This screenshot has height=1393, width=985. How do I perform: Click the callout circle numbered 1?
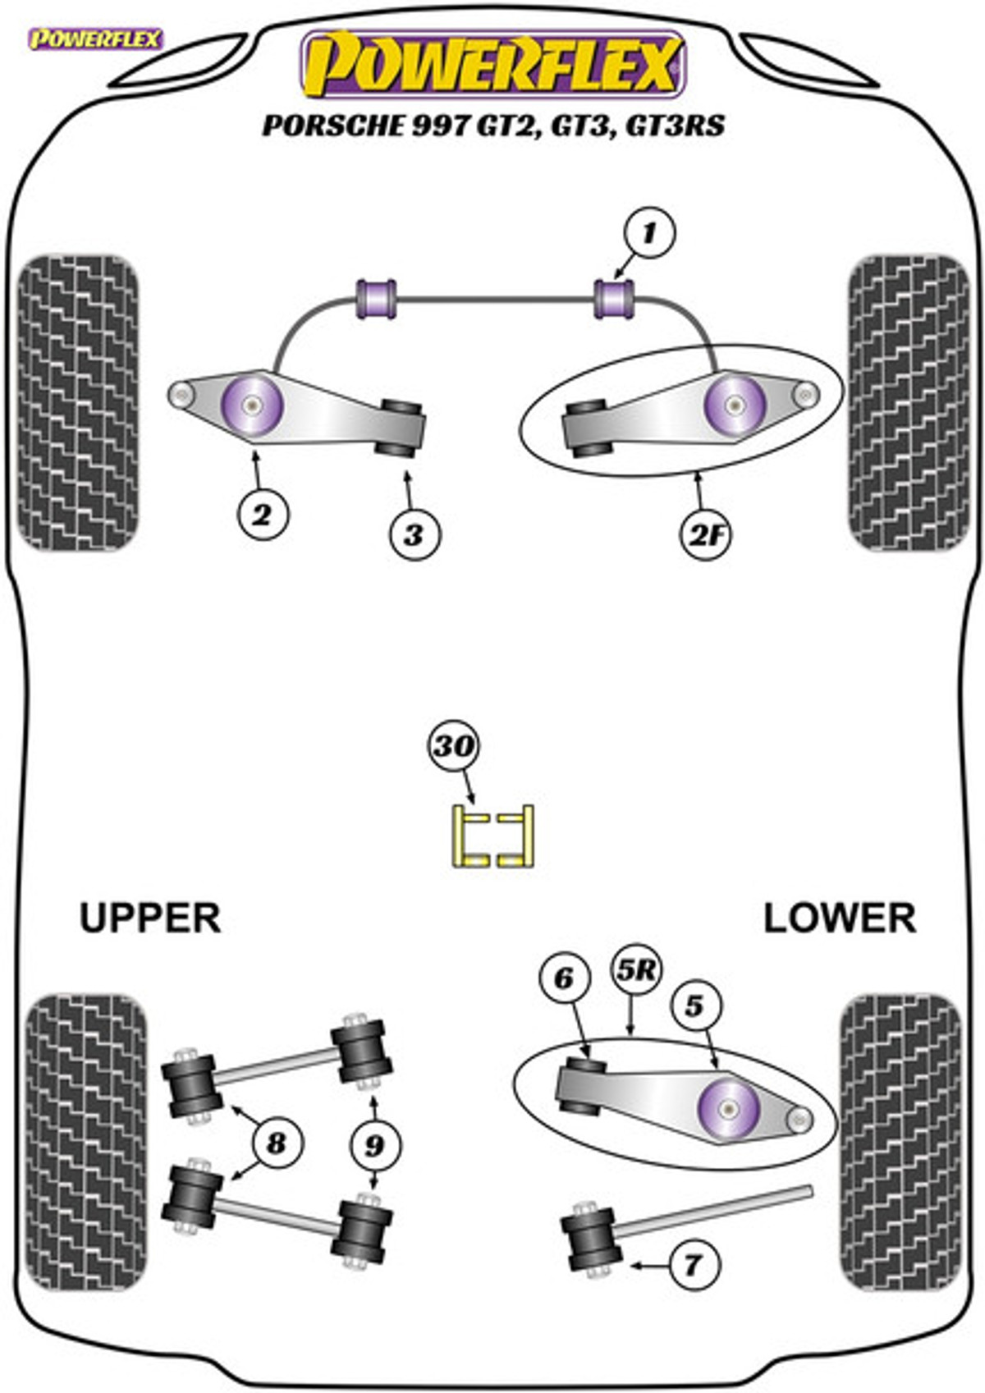pyautogui.click(x=649, y=235)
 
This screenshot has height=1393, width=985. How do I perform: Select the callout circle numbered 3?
pyautogui.click(x=415, y=534)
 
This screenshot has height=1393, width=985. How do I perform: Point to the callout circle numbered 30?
pyautogui.click(x=453, y=746)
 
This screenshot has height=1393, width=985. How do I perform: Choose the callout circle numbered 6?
pyautogui.click(x=563, y=978)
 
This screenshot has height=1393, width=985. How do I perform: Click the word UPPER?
pyautogui.click(x=150, y=918)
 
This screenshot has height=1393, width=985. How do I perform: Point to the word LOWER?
pyautogui.click(x=840, y=918)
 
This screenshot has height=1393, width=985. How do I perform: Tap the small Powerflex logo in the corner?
pyautogui.click(x=96, y=39)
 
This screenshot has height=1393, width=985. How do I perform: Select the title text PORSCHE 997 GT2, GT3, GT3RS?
pyautogui.click(x=494, y=126)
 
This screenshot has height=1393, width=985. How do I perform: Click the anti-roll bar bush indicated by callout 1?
pyautogui.click(x=614, y=299)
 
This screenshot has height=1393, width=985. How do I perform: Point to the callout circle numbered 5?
pyautogui.click(x=694, y=1006)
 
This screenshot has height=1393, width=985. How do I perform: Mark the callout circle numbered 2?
pyautogui.click(x=263, y=516)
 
